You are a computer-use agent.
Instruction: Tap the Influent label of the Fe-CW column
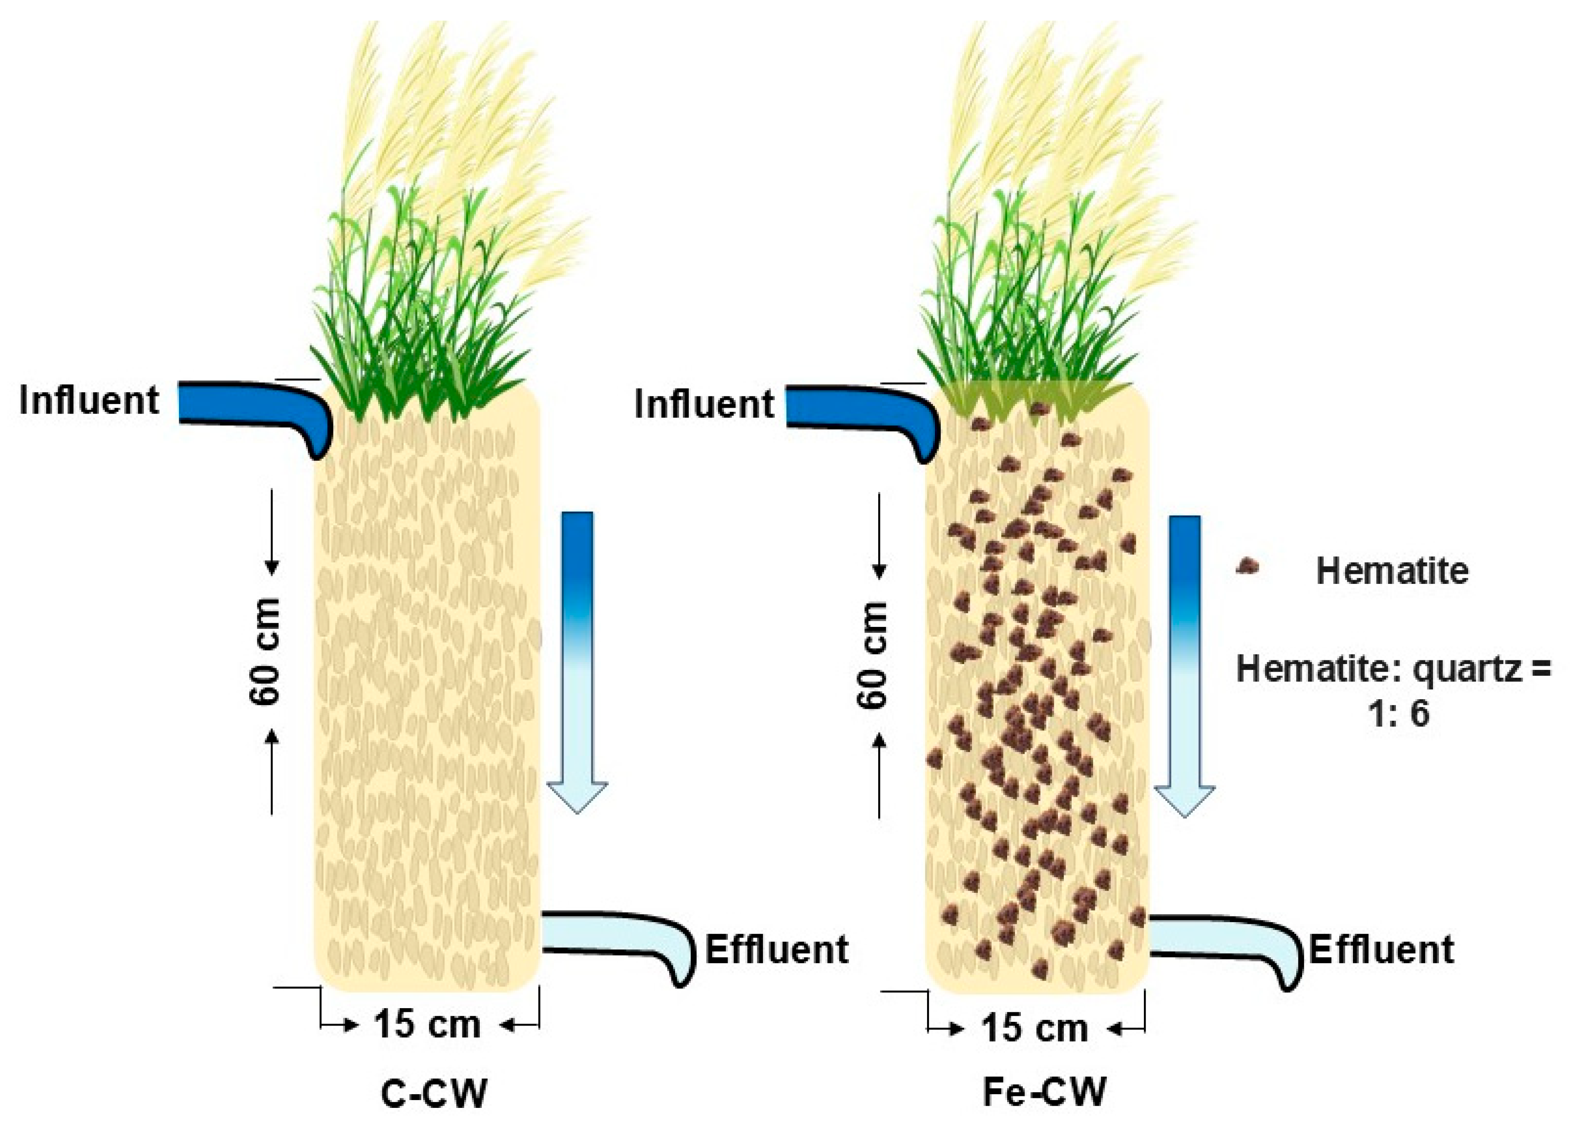(x=703, y=404)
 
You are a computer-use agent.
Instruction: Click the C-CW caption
(x=434, y=1093)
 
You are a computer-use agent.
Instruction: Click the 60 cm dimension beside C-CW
(x=265, y=652)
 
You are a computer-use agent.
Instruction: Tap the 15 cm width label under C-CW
(x=428, y=1024)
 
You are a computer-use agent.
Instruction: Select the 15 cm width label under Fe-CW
(x=1035, y=1027)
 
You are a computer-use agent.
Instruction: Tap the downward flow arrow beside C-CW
(x=577, y=658)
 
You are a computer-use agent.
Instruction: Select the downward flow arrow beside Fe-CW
(x=1185, y=662)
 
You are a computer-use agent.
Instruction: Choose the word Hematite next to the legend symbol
(x=1392, y=571)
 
